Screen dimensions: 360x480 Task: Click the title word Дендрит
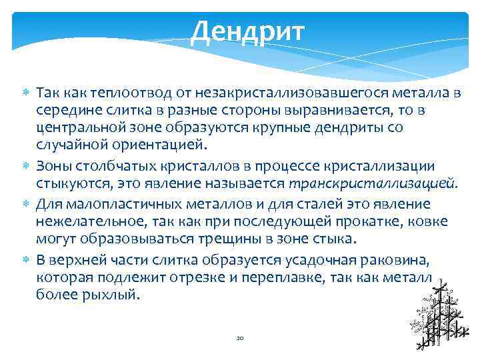point(247,31)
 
